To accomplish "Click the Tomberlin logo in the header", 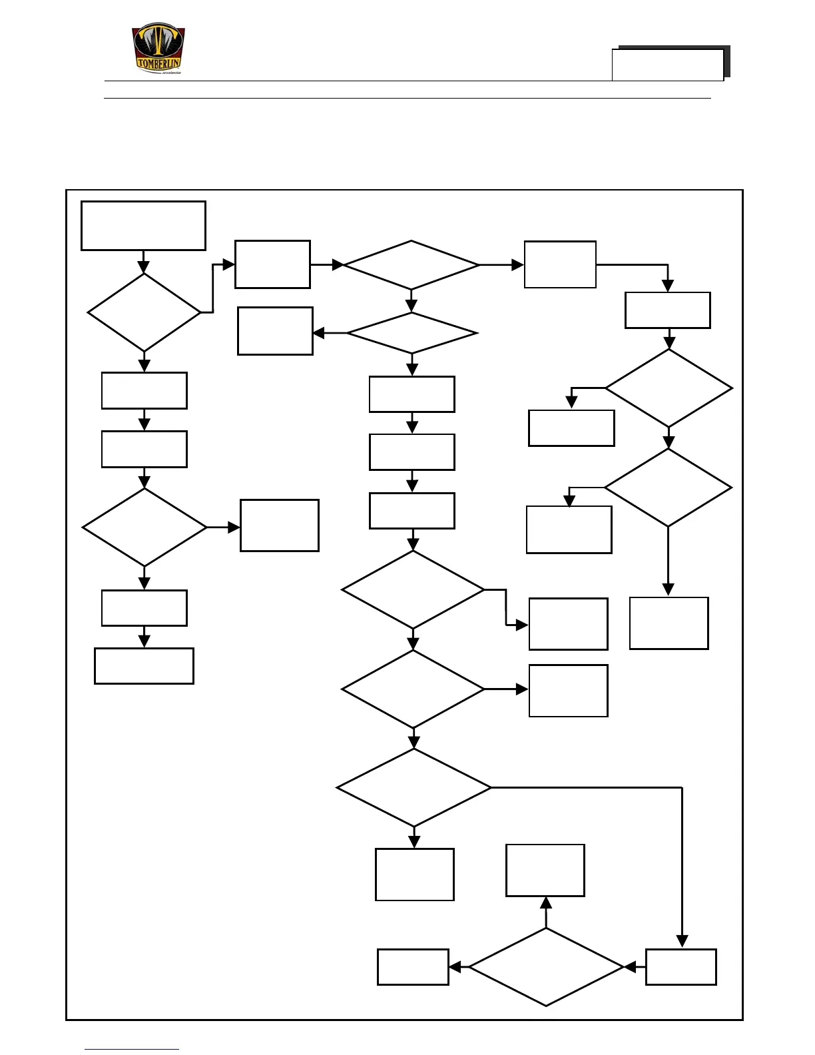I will tap(158, 48).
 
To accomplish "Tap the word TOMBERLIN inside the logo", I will tap(158, 64).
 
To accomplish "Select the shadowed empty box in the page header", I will tap(668, 65).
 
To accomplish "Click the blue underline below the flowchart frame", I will tap(131, 1049).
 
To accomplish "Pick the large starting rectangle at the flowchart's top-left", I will tap(143, 226).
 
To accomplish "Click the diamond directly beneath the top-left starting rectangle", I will tap(144, 312).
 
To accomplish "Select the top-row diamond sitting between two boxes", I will tap(411, 265).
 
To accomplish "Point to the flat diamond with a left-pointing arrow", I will tap(411, 333).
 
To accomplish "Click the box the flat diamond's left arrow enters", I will tap(275, 331).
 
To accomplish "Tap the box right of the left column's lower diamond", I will tap(279, 526).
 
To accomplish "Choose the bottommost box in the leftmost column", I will tap(144, 666).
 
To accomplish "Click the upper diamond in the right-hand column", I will tap(669, 388).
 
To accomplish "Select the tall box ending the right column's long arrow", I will tap(669, 623).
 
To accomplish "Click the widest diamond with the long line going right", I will tap(413, 788).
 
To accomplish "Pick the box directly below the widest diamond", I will tap(414, 875).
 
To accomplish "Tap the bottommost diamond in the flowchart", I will tap(546, 966).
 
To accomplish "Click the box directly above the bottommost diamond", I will tap(545, 871).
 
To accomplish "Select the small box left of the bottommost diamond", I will tap(413, 966).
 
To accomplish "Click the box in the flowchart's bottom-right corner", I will tap(680, 966).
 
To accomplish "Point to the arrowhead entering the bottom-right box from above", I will tap(682, 941).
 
